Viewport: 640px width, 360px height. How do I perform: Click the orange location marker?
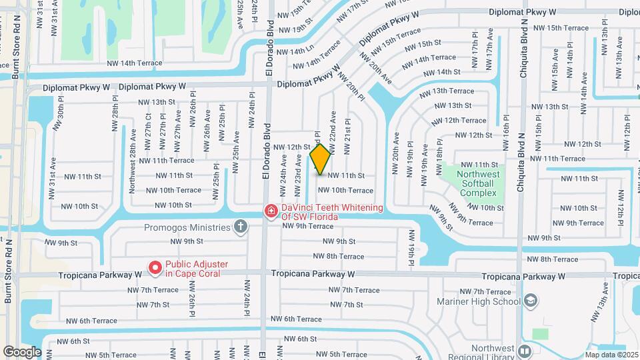320,159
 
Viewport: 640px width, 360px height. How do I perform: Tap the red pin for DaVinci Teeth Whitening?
271,211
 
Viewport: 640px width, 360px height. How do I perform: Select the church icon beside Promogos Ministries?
241,227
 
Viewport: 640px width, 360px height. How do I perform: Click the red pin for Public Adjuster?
155,268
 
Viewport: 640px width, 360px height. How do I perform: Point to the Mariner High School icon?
531,301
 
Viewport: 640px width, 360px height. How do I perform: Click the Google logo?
22,351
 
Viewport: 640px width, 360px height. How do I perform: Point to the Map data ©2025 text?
611,354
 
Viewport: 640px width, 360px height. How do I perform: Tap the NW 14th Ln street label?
295,51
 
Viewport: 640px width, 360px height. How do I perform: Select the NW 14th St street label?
441,72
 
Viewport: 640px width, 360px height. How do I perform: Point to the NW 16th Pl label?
506,131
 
